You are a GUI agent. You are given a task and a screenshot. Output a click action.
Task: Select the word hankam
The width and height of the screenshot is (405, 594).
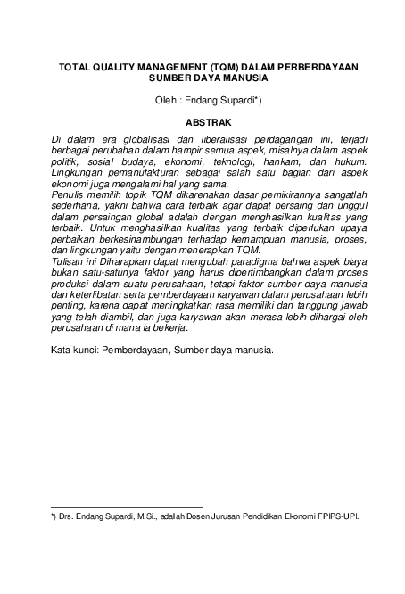pos(297,162)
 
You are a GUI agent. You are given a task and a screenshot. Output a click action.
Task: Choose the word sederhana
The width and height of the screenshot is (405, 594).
pos(79,206)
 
